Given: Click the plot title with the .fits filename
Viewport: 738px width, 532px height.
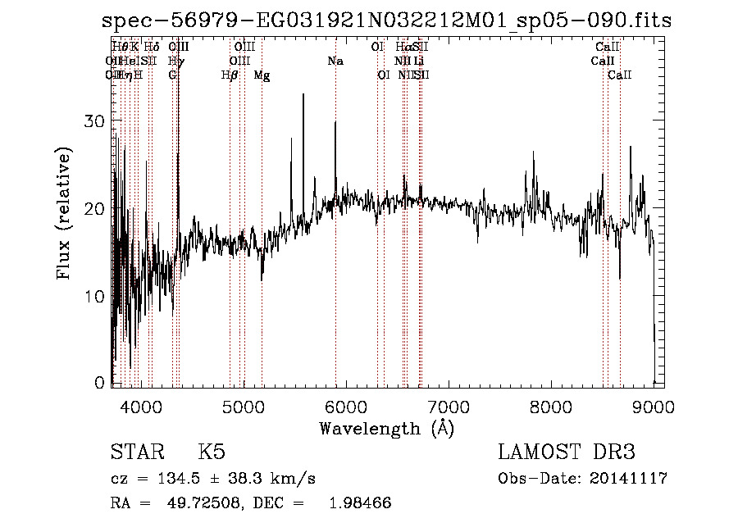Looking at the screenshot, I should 386,21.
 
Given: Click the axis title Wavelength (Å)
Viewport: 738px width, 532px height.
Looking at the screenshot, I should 386,428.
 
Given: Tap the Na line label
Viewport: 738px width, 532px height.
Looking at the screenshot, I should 335,61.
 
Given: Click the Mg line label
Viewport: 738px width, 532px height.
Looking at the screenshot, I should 262,75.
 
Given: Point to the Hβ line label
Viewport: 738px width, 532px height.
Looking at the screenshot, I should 230,75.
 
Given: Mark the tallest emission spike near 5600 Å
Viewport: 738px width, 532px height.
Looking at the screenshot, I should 303,95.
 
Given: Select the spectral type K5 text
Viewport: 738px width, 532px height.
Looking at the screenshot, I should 212,452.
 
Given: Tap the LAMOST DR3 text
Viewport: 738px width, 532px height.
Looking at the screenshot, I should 567,452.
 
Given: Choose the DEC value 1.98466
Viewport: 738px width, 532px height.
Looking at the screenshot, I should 359,502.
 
